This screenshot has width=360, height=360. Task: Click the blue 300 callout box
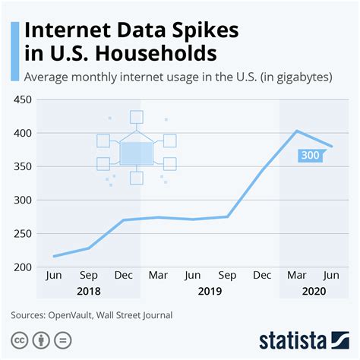click(309, 156)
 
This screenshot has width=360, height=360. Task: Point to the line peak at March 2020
click(297, 131)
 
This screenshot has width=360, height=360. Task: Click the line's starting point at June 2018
click(54, 256)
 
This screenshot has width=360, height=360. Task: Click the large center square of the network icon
click(137, 153)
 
